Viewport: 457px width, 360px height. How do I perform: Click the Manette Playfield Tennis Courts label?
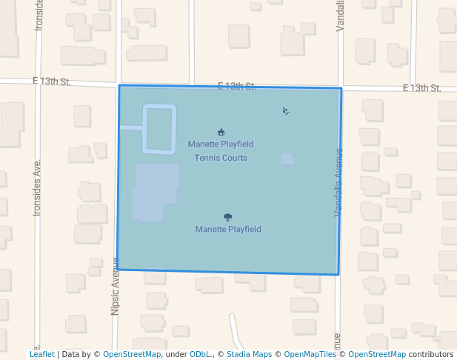pyautogui.click(x=220, y=150)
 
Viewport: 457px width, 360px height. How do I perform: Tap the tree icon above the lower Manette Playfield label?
pyautogui.click(x=227, y=217)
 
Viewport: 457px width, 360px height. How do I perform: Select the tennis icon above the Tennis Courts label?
pyautogui.click(x=221, y=132)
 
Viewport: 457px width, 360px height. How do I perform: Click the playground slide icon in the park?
pyautogui.click(x=286, y=111)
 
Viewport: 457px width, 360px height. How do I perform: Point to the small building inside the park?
pyautogui.click(x=287, y=159)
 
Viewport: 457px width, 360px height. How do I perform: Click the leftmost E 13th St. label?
pyautogui.click(x=51, y=81)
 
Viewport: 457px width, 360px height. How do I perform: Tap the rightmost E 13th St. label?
pyautogui.click(x=421, y=88)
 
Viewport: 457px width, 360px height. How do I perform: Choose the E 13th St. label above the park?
pyautogui.click(x=236, y=87)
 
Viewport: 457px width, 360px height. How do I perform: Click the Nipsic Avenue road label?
pyautogui.click(x=115, y=286)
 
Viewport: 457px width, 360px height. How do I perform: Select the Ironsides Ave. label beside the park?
pyautogui.click(x=37, y=187)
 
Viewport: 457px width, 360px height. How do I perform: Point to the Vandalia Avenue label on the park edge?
pyautogui.click(x=338, y=182)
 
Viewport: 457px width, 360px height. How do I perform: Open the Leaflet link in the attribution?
pyautogui.click(x=41, y=355)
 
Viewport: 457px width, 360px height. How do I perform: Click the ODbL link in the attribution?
pyautogui.click(x=199, y=355)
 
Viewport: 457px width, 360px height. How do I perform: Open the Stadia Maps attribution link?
pyautogui.click(x=249, y=355)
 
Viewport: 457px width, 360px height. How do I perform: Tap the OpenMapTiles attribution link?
pyautogui.click(x=310, y=355)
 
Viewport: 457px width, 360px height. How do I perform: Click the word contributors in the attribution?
pyautogui.click(x=431, y=355)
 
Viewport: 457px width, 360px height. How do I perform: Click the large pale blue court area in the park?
pyautogui.click(x=156, y=191)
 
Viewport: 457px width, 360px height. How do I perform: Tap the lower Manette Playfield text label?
pyautogui.click(x=228, y=230)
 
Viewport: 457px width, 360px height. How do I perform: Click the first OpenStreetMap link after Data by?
pyautogui.click(x=132, y=355)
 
